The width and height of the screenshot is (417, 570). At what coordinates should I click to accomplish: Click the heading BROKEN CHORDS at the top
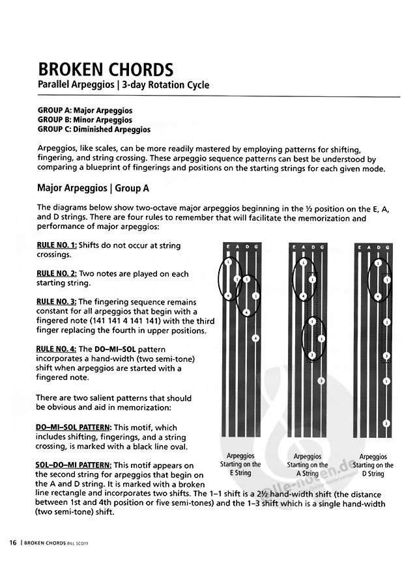105,69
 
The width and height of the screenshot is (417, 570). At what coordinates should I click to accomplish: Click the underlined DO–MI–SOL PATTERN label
74,427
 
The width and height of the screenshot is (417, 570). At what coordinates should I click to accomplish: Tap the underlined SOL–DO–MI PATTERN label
74,465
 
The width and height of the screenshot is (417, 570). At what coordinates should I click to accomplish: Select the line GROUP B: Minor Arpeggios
85,120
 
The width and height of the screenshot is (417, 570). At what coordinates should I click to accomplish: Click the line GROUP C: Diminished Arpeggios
94,129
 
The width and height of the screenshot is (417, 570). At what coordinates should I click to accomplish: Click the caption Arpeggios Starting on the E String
240,465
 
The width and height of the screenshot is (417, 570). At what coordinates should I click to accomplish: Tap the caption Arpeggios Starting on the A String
307,465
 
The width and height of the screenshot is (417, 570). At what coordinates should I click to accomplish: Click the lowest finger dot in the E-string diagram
255,338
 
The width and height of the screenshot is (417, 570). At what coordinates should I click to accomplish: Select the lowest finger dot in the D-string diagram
386,423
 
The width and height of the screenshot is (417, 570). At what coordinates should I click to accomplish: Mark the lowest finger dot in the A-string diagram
321,380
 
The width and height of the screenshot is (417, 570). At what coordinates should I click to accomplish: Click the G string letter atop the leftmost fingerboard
255,248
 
